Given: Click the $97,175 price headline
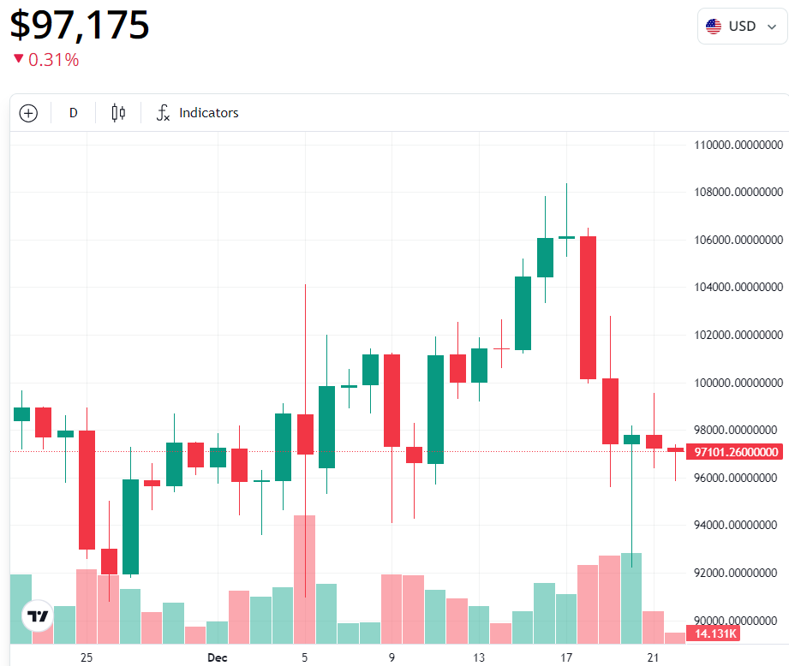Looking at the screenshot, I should point(80,25).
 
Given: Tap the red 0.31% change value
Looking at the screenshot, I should point(53,60).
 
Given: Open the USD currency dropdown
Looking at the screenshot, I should point(742,27).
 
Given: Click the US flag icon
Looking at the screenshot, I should point(714,27).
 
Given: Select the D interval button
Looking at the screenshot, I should point(73,113).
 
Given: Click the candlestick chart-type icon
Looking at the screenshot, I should point(118,113).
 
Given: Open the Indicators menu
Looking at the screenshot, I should point(198,113).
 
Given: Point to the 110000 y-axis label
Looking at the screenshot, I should point(738,145).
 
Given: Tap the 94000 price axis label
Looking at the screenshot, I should point(738,525).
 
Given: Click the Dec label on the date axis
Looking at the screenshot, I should point(217,657).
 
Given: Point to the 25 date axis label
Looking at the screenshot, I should point(86,657).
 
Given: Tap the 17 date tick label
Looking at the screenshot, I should point(565,657).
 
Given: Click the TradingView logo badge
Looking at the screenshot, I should point(38,615).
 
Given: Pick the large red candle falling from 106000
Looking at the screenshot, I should point(588,307).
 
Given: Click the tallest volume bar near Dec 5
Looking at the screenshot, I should point(305,579).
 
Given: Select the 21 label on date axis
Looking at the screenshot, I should point(653,657).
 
